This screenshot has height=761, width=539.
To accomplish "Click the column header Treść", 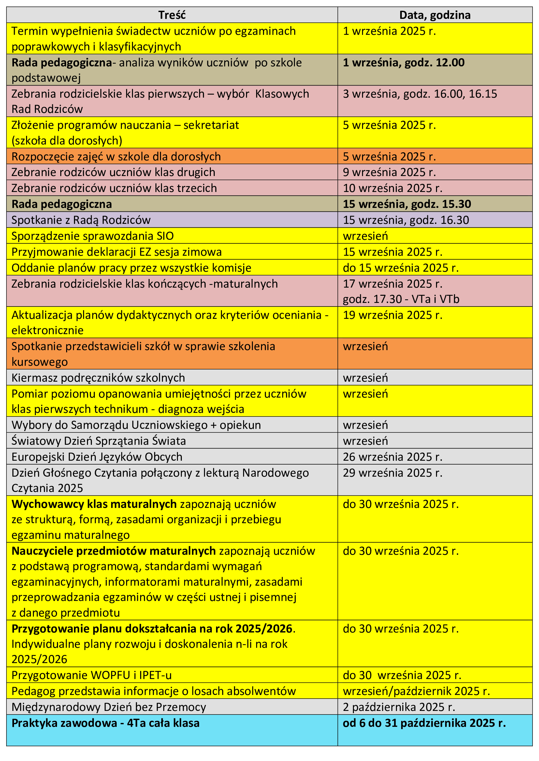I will (x=172, y=15).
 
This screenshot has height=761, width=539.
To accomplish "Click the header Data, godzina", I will (x=435, y=15).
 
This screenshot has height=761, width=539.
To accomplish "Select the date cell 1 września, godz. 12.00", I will (x=403, y=63).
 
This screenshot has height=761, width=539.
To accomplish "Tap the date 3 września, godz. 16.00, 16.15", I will (x=420, y=94).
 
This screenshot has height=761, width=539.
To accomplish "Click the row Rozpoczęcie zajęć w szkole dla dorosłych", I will (x=116, y=156).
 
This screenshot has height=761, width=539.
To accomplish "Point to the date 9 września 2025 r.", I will (x=389, y=172).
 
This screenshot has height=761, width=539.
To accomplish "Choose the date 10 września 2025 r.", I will (x=393, y=188).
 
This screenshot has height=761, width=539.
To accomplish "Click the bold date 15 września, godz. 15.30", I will (x=407, y=204).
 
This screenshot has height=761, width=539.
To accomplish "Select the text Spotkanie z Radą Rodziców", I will (x=81, y=220).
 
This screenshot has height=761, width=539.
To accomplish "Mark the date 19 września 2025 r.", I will (x=393, y=315).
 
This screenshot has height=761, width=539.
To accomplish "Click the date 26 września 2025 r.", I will (x=393, y=457).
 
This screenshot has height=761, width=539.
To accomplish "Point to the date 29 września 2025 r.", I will (x=393, y=473).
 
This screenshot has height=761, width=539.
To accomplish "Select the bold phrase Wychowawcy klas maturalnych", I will (x=94, y=504).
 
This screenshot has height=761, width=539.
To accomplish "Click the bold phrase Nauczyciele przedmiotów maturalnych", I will (x=113, y=551).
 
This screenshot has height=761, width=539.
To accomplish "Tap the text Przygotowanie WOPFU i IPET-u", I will (x=92, y=675).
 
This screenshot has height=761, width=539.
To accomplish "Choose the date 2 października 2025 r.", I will (x=399, y=707).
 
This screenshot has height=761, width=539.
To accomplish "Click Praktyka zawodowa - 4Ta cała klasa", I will (x=106, y=723).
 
